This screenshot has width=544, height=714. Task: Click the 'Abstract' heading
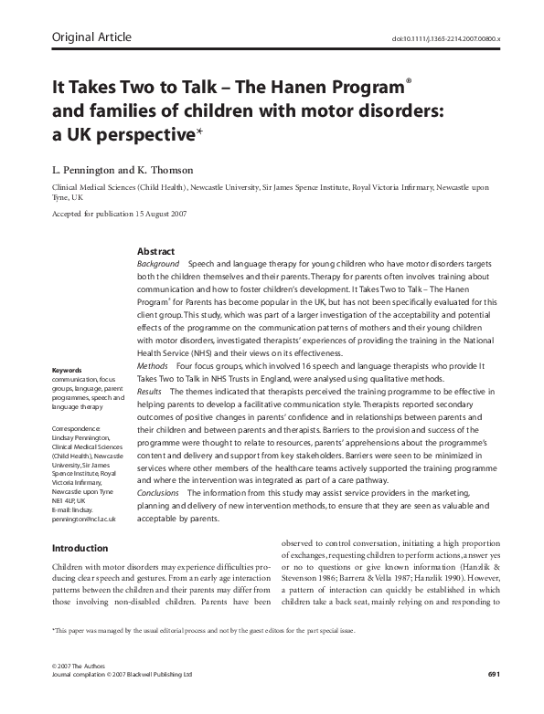(x=156, y=251)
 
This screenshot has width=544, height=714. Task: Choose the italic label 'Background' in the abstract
(x=157, y=263)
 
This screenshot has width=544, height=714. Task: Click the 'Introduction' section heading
(x=80, y=549)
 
